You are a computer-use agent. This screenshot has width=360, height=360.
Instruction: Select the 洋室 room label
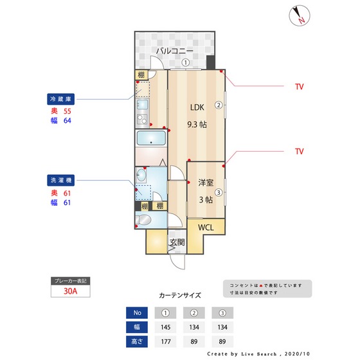205,182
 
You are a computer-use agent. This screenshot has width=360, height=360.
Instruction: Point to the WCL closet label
206,228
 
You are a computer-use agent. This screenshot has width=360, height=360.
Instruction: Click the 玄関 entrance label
177,242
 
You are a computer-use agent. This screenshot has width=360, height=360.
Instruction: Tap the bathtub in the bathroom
151,139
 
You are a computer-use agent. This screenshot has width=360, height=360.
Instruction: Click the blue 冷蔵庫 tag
62,99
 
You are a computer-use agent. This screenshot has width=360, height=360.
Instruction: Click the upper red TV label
299,86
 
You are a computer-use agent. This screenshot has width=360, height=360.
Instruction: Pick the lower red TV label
299,152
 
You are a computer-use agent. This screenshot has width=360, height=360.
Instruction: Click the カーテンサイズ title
180,296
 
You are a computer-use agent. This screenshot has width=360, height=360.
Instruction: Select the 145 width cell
166,327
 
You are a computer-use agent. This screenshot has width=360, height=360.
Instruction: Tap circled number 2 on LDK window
219,106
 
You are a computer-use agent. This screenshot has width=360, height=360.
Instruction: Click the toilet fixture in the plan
145,221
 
